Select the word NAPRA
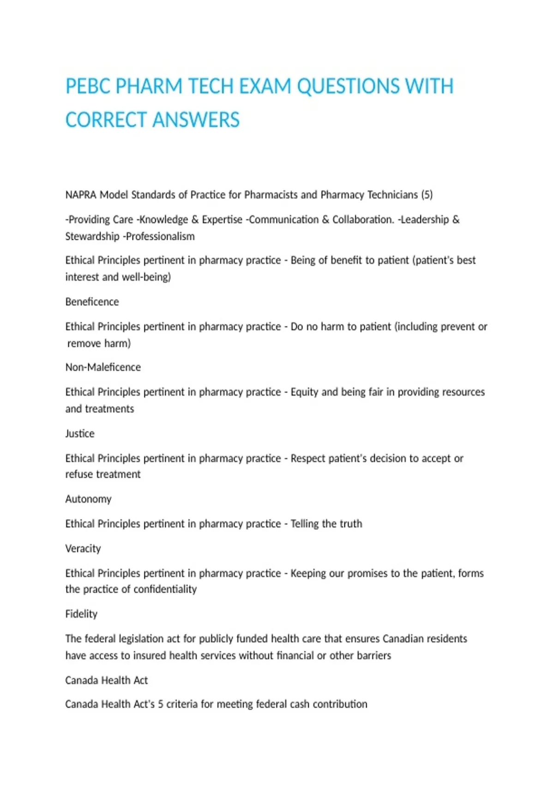tap(81, 195)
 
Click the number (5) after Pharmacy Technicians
tap(427, 195)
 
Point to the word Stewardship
tap(92, 236)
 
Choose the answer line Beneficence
tap(92, 302)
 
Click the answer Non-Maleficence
tap(103, 368)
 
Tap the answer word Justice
tap(80, 434)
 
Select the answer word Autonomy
tap(88, 499)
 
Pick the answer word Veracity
tap(83, 549)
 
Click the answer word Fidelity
tap(81, 614)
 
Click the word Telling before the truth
tap(304, 524)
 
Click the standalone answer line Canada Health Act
tap(106, 681)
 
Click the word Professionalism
tap(160, 236)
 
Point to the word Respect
tap(307, 459)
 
